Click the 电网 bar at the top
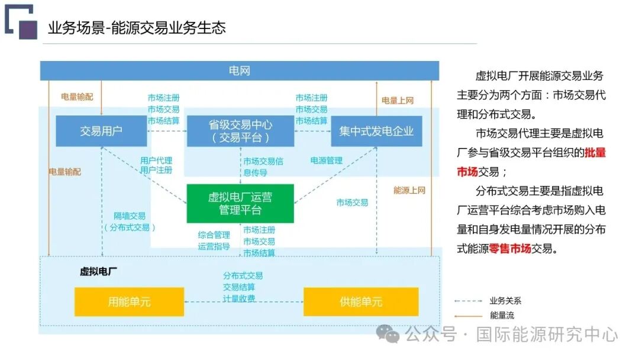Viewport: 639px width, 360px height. point(240,71)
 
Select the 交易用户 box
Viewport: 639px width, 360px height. point(101,131)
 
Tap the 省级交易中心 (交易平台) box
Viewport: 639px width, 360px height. point(240,131)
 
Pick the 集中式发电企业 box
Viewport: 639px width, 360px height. point(376,131)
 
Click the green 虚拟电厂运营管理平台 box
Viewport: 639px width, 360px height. point(240,203)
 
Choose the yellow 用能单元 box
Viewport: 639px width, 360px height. point(129,301)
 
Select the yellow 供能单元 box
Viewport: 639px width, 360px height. point(361,301)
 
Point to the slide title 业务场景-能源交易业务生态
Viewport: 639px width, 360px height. point(137,27)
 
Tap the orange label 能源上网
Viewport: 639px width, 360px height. point(409,190)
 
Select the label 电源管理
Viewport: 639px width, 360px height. point(327,160)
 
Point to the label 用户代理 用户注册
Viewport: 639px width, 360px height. point(156,165)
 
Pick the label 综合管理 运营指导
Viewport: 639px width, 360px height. point(214,240)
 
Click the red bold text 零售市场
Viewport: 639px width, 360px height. point(510,249)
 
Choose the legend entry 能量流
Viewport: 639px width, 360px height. point(502,316)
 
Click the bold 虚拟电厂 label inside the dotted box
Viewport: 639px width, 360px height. point(98,272)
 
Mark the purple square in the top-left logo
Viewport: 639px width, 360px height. point(28,30)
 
